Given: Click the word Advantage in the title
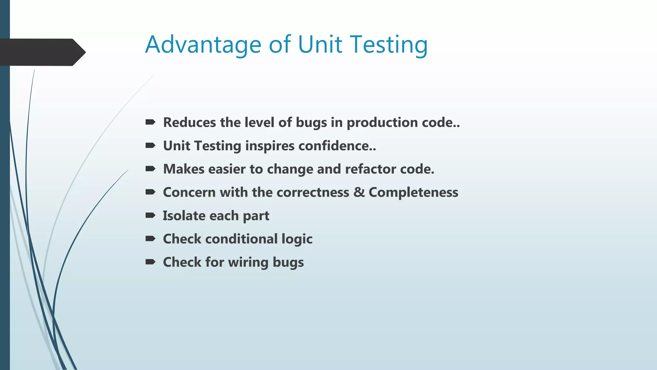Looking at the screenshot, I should (203, 45).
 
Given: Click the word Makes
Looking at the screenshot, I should (183, 169).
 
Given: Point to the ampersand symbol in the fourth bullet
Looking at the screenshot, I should (359, 192).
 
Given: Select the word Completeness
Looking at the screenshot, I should (413, 193).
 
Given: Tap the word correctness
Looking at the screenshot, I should (313, 192).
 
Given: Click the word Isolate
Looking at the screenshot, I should (184, 216).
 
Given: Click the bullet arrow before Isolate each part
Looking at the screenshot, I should (150, 215).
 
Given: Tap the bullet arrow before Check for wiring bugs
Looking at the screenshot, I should (150, 262).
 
